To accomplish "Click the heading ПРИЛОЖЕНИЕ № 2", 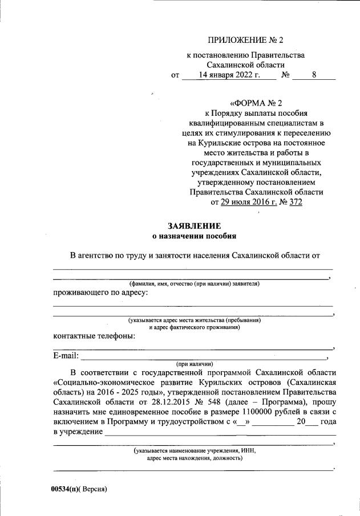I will coord(246,40).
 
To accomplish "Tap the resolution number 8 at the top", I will coord(314,75).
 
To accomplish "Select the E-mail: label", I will coord(66,357).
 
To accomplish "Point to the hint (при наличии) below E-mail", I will coord(194,363).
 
